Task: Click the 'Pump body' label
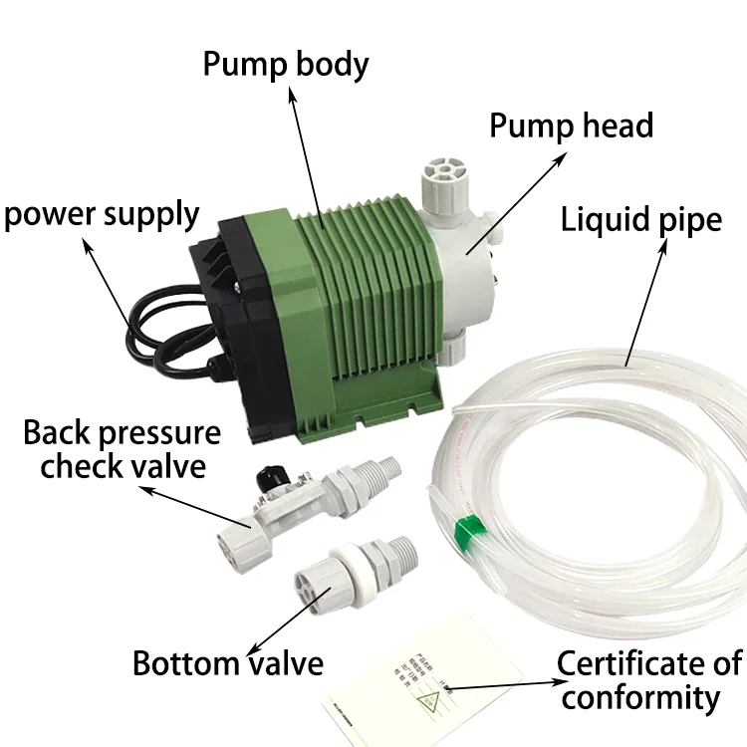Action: [x=286, y=64]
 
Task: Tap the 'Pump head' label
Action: [x=571, y=126]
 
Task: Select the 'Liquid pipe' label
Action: [x=641, y=218]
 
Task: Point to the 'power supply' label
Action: [x=101, y=213]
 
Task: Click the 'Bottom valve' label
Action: [x=228, y=662]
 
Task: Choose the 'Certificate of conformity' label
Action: [x=650, y=680]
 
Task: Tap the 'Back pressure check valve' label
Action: [x=122, y=448]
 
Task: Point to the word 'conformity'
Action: [x=638, y=697]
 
